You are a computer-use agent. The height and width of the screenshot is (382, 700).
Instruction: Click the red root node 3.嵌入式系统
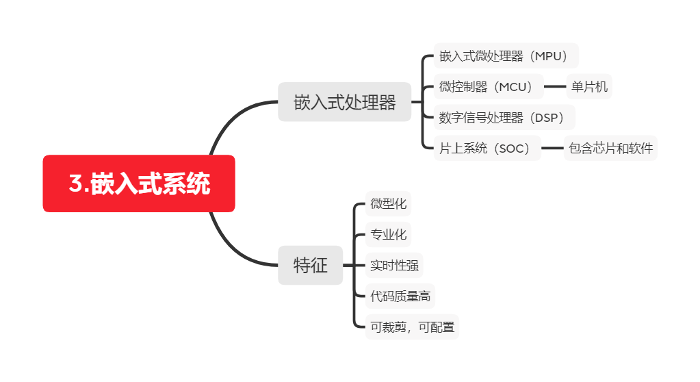pos(139,183)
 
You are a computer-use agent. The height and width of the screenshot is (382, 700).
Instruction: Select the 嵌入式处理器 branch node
pos(344,103)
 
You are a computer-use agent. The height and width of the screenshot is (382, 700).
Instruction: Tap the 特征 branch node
pos(310,265)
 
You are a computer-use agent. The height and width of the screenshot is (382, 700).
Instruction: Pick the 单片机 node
pos(589,87)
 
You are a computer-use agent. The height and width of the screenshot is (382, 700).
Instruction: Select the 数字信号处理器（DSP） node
pos(504,118)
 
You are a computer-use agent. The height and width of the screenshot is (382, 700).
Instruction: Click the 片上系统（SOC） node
pos(487,148)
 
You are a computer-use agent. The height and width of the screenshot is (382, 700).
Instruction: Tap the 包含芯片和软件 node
pos(610,148)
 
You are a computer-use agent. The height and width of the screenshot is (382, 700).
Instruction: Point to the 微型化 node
pos(388,203)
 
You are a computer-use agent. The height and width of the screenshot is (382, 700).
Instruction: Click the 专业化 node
pos(388,235)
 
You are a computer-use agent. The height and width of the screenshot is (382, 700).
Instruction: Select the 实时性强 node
pos(393,265)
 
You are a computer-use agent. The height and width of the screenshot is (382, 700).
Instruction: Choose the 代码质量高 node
pos(400,296)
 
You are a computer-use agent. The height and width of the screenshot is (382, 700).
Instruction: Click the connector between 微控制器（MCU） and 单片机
pos(555,87)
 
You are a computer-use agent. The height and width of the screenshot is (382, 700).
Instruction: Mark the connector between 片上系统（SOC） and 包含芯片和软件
pos(552,148)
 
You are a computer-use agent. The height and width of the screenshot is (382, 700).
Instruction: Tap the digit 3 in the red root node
pos(75,184)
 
